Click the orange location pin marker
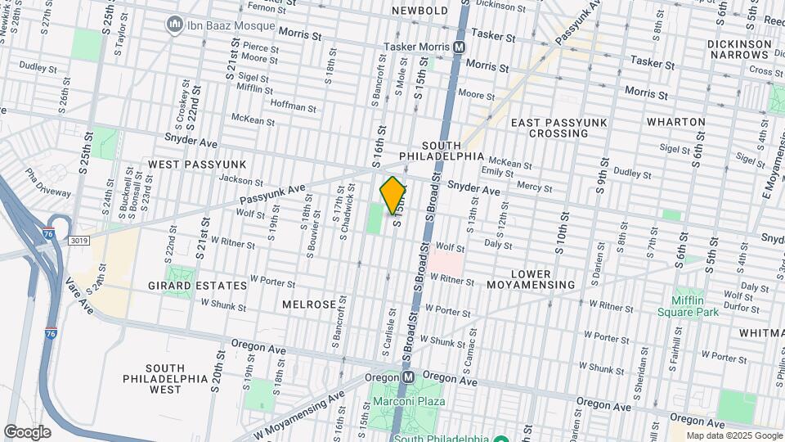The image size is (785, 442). coord(393,195)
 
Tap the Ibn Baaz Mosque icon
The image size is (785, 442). coord(174,25)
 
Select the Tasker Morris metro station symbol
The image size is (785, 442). coord(460,47)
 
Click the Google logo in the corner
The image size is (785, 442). coord(27,431)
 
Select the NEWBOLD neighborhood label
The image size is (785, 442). coord(419,11)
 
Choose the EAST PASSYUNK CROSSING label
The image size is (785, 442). coord(558,128)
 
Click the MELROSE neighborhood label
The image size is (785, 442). coord(309,304)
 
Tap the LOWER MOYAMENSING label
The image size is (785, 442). coord(531,278)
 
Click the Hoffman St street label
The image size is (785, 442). coord(294,106)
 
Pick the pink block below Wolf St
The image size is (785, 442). coord(446,263)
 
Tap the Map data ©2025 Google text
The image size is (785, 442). coord(733,435)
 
